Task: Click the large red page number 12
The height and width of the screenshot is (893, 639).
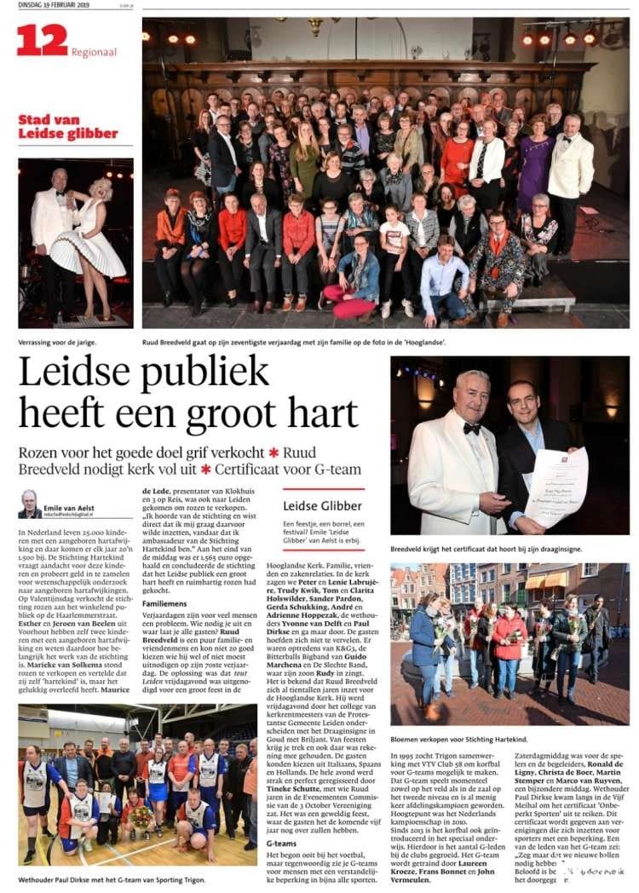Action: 42,40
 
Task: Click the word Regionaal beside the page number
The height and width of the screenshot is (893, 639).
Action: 94,52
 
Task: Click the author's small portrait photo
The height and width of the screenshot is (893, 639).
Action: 29,504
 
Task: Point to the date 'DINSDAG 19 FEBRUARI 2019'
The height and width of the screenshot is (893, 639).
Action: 49,7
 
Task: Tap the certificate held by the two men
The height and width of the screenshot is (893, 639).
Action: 556,486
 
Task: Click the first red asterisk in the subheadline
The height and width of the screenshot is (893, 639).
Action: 273,452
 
